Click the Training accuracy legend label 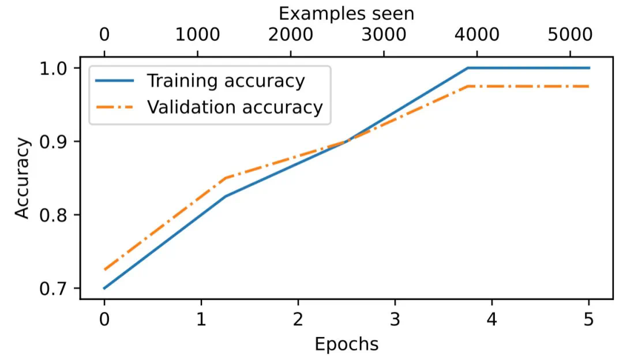coord(225,81)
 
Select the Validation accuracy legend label coord(234,107)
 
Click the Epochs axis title coord(346,344)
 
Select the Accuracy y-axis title coord(22,178)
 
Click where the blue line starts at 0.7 coord(104,288)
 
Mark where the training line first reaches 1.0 coord(467,68)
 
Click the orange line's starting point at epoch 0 coord(104,269)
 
